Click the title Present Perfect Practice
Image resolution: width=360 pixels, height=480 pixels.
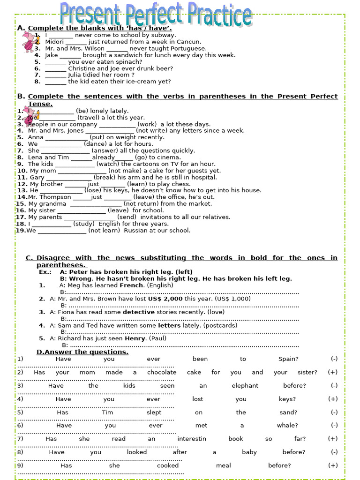157,15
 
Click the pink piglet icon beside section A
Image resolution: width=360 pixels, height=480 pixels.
29,41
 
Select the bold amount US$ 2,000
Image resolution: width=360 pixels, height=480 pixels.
165,299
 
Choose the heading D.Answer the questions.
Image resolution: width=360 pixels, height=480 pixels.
82,352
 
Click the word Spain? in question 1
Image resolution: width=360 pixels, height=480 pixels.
288,359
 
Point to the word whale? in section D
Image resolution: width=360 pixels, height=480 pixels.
287,426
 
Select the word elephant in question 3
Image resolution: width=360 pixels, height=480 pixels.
245,386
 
